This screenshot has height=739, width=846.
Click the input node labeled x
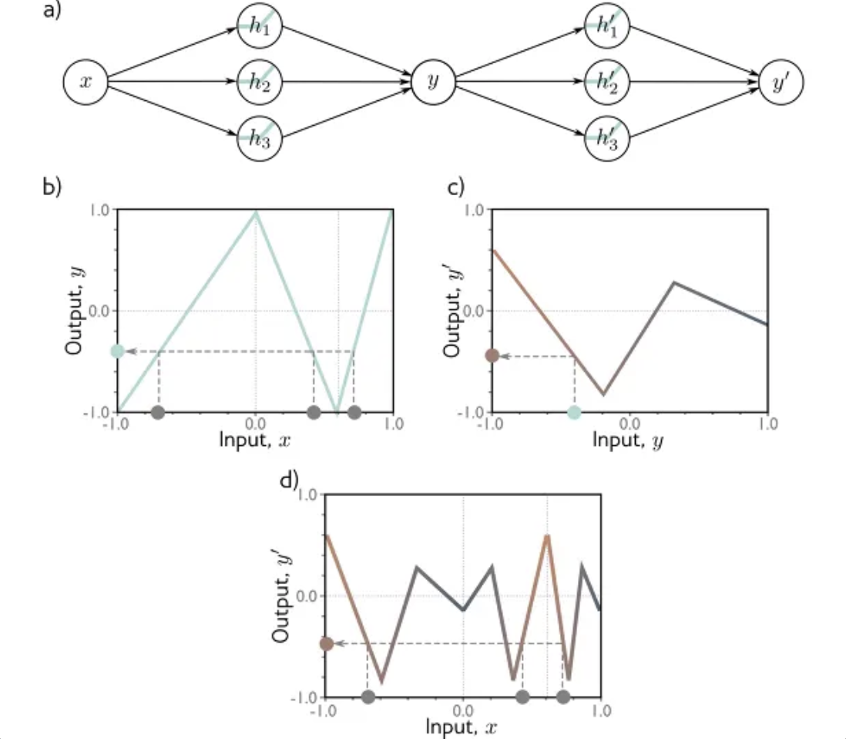click(86, 81)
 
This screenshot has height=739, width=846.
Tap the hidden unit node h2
click(259, 81)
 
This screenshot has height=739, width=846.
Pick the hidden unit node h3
click(259, 138)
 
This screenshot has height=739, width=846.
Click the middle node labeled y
click(432, 81)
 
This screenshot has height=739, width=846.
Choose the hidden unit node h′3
click(607, 138)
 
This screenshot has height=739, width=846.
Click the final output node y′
click(781, 81)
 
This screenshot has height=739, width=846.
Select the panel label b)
click(51, 187)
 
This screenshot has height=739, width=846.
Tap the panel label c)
click(457, 187)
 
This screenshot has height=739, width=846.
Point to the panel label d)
click(288, 481)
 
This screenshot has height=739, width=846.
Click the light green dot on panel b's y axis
click(117, 351)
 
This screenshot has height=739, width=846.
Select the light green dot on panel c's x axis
click(573, 412)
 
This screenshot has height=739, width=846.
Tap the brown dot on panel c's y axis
click(492, 356)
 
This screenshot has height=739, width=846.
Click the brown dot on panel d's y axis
click(326, 643)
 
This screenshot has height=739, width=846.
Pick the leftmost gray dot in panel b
click(158, 412)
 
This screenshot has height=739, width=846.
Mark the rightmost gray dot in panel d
click(563, 697)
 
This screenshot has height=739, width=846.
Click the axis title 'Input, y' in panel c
click(628, 440)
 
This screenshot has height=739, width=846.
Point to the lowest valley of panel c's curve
click(603, 394)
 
